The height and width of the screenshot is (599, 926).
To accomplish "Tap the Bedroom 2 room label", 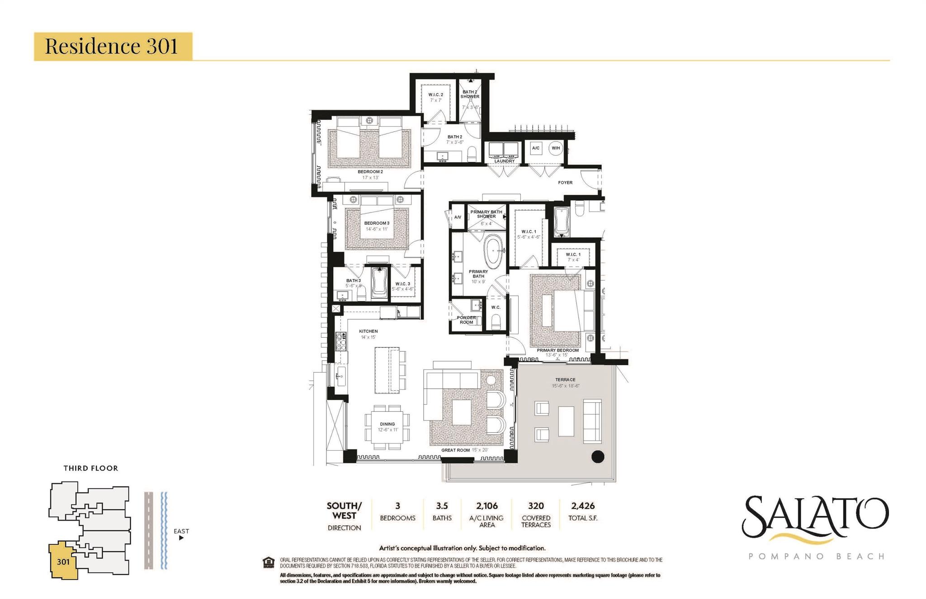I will [x=370, y=172].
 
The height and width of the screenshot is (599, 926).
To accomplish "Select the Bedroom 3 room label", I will [x=377, y=223].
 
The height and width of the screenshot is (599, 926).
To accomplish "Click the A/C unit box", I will [x=536, y=148].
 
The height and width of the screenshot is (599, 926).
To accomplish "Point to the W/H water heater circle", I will [x=556, y=148].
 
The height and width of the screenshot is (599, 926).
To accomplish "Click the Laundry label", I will [x=504, y=161].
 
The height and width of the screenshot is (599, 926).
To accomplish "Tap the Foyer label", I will [x=565, y=183].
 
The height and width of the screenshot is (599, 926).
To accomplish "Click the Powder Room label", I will [x=466, y=320].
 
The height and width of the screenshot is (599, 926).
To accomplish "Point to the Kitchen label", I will [x=369, y=331].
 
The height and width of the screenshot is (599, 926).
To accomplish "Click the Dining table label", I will [x=387, y=424].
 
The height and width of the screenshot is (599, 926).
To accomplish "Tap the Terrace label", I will [x=565, y=380].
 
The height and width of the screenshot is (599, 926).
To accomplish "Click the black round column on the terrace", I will [x=598, y=457].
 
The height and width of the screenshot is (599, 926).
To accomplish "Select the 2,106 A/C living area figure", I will [x=487, y=506].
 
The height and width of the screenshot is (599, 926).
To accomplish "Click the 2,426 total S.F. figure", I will [x=583, y=506].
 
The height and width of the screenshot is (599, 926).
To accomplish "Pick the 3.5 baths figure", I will [x=442, y=506].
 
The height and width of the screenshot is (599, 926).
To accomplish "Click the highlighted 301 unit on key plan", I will [x=63, y=561].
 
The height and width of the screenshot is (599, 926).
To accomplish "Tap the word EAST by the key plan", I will [x=181, y=531].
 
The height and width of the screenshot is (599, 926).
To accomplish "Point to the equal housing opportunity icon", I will [x=269, y=562].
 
